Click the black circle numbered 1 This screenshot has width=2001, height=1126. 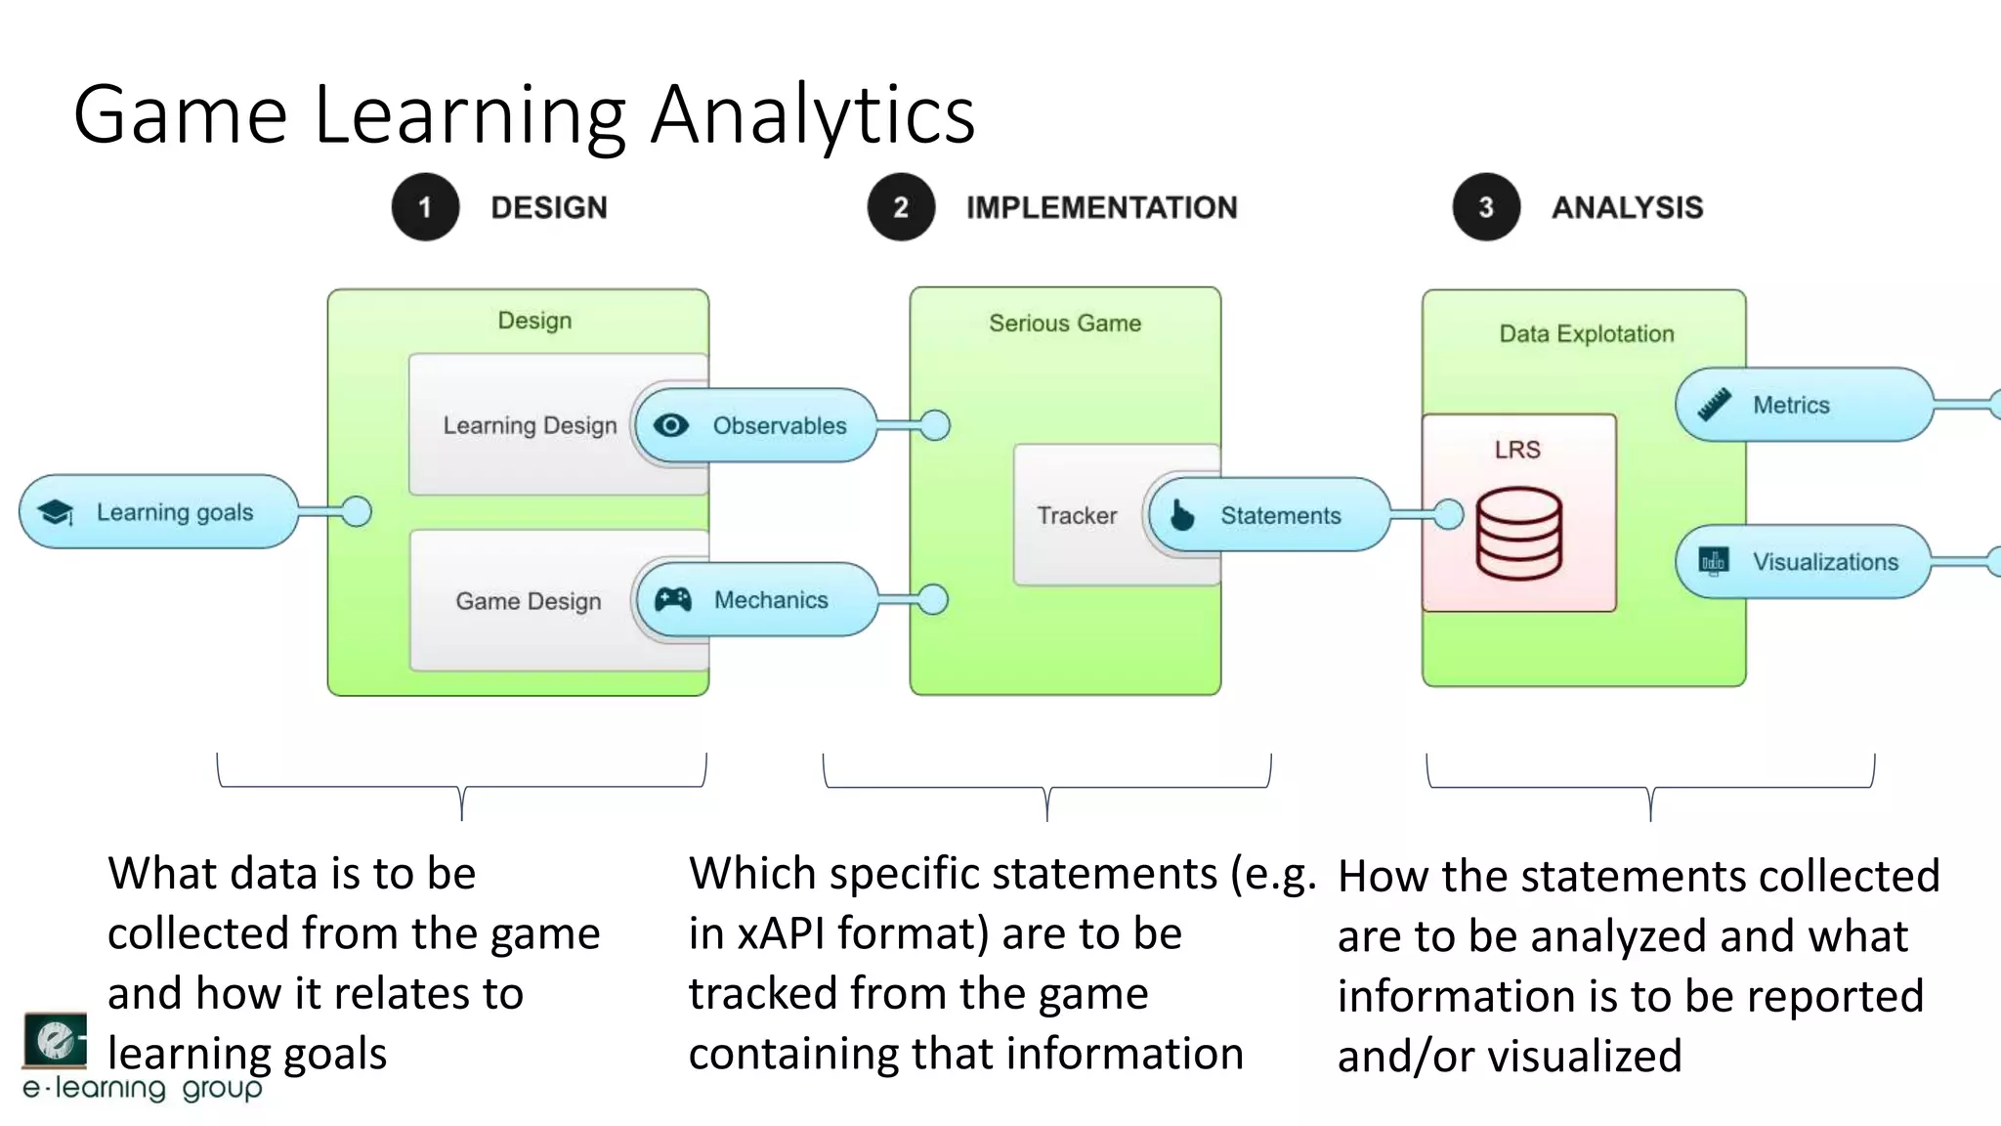pos(425,207)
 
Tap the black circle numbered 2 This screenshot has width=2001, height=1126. pos(901,207)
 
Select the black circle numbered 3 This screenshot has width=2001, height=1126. pos(1486,207)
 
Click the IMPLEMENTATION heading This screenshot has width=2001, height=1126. pos(1101,207)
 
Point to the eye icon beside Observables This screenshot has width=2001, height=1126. pos(671,425)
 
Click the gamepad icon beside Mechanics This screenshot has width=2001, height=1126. pos(672,599)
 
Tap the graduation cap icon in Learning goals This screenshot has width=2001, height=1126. pos(56,512)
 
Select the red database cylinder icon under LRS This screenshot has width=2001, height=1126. pos(1518,535)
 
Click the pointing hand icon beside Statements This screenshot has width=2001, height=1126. pos(1182,515)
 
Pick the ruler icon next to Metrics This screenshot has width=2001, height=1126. pos(1715,404)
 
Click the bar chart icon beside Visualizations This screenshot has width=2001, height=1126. pos(1714,561)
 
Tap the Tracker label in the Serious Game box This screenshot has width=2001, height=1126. pos(1077,515)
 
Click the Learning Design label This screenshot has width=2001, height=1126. pos(530,425)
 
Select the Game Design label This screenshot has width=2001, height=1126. pos(528,600)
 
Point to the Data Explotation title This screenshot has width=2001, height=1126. pos(1586,333)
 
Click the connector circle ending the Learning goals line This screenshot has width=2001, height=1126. pos(357,511)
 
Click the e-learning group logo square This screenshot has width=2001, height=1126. pos(55,1040)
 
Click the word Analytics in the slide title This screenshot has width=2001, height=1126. pos(813,114)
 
